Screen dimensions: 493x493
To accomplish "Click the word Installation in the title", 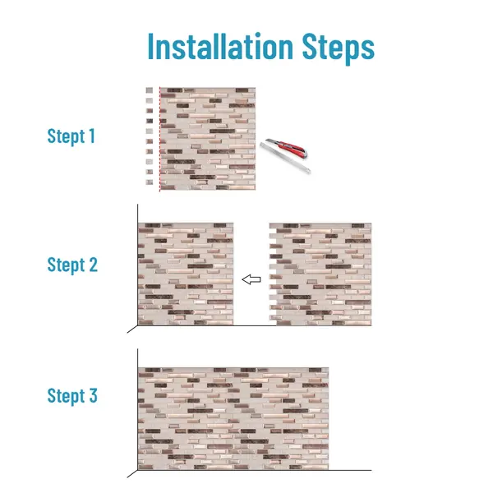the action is pos(220,47).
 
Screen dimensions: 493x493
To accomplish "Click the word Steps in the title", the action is pos(339,48).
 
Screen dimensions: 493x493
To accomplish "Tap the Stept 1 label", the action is pos(71,136).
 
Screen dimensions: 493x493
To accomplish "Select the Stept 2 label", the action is pos(72,265).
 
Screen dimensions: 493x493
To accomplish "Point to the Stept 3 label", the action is pos(72,395).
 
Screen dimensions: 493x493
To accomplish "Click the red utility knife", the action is pos(286,147).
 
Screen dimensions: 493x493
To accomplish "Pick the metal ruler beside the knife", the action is pos(285,158).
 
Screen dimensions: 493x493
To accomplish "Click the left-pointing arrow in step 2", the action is pos(251,279).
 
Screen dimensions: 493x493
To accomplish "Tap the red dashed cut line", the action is pos(159,139).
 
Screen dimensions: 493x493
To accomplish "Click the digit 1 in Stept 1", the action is pos(92,136).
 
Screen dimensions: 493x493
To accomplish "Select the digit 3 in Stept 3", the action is pos(93,395).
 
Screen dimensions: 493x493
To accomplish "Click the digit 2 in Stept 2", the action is pos(94,265).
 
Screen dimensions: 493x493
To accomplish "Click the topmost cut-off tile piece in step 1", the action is pos(150,90).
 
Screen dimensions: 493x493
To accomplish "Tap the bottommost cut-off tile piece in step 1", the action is pos(150,182).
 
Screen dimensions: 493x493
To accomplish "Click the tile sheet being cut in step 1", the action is pos(208,139).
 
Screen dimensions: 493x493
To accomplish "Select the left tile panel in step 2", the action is pos(186,274).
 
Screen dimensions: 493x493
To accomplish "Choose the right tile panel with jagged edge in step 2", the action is pos(320,274).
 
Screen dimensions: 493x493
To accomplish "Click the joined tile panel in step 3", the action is pos(233,418).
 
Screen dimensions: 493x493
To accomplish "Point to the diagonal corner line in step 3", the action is pos(132,474).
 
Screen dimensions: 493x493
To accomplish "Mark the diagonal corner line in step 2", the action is pos(132,329).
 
